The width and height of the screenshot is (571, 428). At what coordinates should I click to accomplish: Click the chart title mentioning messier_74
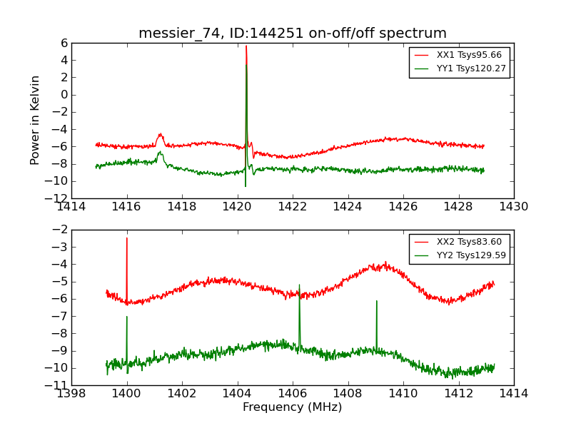point(293,34)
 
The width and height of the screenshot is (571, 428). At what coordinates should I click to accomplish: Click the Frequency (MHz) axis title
point(293,407)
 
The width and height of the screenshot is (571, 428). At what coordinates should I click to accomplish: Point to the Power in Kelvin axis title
point(36,120)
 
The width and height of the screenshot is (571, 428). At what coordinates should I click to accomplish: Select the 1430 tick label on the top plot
point(514,207)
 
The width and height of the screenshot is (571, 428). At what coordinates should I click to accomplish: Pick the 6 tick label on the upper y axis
point(64,43)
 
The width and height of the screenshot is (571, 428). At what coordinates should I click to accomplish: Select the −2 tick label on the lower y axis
point(60,230)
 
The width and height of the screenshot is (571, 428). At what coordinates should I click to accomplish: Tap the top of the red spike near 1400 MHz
point(127,238)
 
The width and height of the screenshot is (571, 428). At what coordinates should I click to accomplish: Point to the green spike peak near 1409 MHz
point(376,301)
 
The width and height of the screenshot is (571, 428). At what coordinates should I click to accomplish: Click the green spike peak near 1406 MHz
point(299,285)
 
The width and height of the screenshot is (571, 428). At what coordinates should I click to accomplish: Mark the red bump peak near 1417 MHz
point(161,134)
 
